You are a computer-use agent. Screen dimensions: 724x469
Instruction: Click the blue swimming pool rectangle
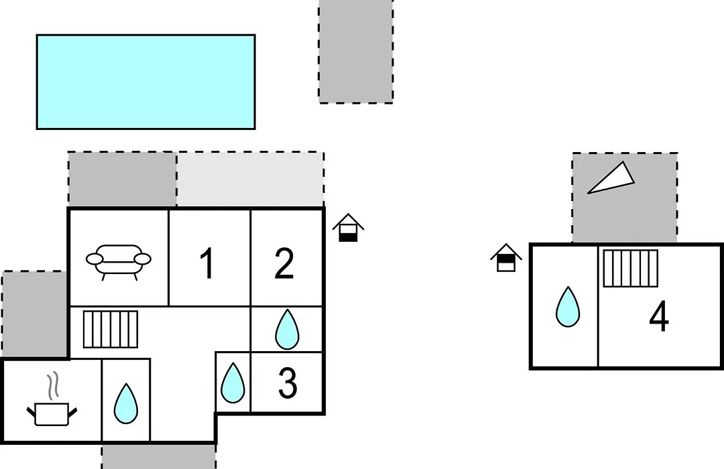pos(146,82)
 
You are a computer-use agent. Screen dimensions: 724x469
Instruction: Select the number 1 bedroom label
pos(207,263)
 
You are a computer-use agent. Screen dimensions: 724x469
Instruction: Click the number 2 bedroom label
pos(284,263)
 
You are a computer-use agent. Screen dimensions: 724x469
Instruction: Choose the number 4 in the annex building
pos(659,316)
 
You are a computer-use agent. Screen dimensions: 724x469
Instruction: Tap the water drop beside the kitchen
pos(125,403)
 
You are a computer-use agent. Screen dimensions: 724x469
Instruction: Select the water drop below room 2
pos(287,329)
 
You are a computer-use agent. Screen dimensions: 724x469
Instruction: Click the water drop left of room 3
pos(233,383)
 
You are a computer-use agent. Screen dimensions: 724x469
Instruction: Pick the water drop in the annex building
pos(568,307)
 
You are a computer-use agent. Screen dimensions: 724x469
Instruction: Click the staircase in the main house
pos(111,329)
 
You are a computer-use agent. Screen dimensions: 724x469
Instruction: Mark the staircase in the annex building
pos(630,268)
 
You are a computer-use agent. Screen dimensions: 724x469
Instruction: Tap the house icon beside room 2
pos(348,228)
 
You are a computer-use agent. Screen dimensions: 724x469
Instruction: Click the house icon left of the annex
pos(506,257)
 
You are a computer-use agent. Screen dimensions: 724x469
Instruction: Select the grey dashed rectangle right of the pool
pos(356,51)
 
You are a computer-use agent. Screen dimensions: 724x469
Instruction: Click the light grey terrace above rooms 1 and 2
pos(250,179)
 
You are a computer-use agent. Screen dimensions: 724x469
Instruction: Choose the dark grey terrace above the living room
pos(123,179)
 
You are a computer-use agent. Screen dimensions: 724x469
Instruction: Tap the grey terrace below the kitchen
pos(159,456)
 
